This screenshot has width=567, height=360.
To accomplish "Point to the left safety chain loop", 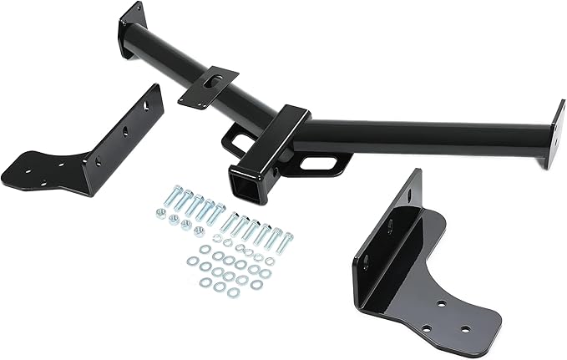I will point(236,134).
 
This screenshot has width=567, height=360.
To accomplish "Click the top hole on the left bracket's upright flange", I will point(148,106).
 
